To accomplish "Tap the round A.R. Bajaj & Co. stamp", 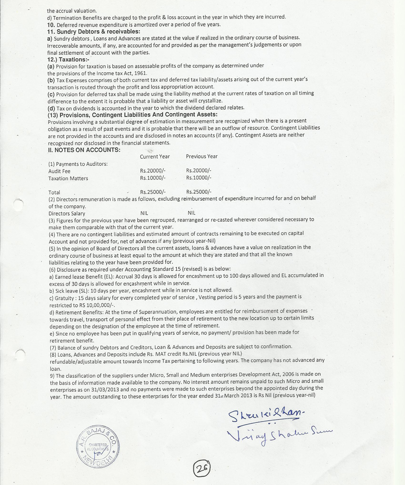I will click(98, 448).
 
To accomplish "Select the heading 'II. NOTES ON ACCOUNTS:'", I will click(84, 150).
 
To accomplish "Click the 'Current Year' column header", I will click(155, 156).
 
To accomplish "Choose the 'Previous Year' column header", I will click(202, 156).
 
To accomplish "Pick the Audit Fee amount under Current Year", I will click(153, 171).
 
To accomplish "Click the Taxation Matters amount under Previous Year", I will click(199, 178).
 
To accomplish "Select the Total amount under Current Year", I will click(153, 192).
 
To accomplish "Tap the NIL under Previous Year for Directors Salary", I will click(192, 213).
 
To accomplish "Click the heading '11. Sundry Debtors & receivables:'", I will click(93, 31).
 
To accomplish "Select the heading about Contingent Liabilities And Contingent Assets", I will click(132, 114).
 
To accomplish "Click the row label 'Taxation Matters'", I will click(68, 178).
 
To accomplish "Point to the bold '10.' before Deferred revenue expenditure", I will click(51, 25).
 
